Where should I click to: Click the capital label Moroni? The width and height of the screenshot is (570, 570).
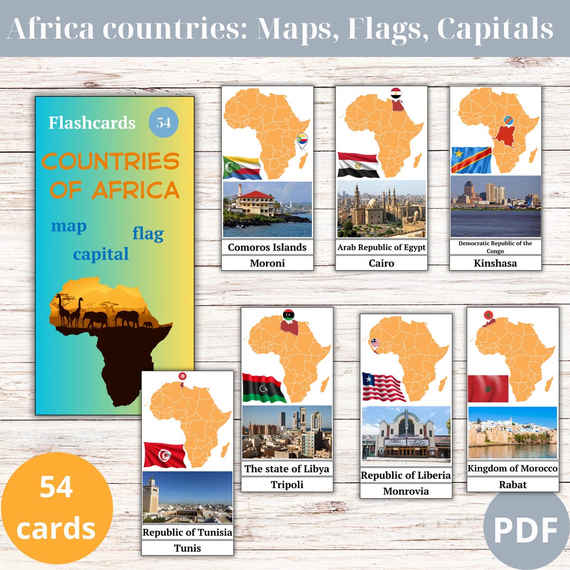[x=267, y=263]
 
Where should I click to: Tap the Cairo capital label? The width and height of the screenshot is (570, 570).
[x=381, y=263]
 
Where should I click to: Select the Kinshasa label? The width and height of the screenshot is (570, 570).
[x=495, y=263]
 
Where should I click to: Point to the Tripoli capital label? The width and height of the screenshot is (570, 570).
[x=287, y=484]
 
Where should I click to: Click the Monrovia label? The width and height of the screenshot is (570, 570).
[x=406, y=491]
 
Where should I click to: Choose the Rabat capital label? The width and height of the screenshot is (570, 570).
[x=512, y=484]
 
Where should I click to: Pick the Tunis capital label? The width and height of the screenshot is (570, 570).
[x=187, y=548]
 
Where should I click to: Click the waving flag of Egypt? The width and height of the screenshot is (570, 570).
[x=358, y=165]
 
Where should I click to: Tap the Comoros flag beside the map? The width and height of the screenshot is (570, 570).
[x=242, y=168]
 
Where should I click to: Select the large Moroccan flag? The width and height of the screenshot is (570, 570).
[x=488, y=388]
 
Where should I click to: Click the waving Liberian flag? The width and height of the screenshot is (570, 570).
[x=383, y=387]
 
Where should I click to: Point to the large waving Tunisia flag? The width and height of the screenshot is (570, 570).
[x=165, y=454]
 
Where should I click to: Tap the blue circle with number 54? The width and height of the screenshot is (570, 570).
[x=164, y=122]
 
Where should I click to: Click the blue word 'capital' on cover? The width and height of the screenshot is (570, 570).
[x=101, y=254]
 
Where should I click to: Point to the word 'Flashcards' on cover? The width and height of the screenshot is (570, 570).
[x=92, y=123]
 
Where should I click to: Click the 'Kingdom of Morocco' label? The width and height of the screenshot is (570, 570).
[x=512, y=469]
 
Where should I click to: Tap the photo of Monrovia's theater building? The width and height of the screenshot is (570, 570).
[x=406, y=433]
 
